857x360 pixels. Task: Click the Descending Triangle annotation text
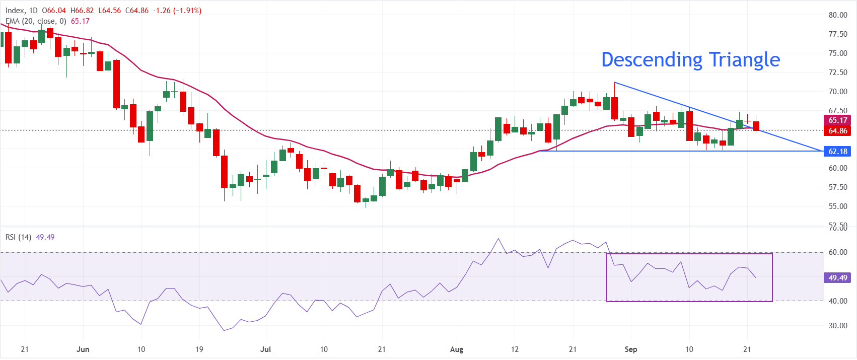click(x=690, y=60)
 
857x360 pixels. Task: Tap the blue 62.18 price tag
click(x=837, y=151)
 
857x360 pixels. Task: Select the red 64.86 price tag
click(x=837, y=131)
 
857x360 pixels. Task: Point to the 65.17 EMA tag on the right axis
click(x=837, y=120)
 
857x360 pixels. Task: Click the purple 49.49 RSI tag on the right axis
click(x=837, y=278)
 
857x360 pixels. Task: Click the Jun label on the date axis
click(x=83, y=349)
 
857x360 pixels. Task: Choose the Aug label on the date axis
click(x=457, y=349)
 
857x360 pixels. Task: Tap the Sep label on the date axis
click(x=631, y=349)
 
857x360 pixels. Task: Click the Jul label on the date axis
click(x=265, y=349)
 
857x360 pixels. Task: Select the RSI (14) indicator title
click(x=18, y=237)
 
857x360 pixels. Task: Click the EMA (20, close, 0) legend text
click(x=36, y=22)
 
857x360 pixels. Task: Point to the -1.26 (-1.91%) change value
click(x=177, y=11)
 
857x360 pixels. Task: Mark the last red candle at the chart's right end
click(x=756, y=126)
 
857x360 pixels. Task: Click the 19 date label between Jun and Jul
click(x=199, y=349)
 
